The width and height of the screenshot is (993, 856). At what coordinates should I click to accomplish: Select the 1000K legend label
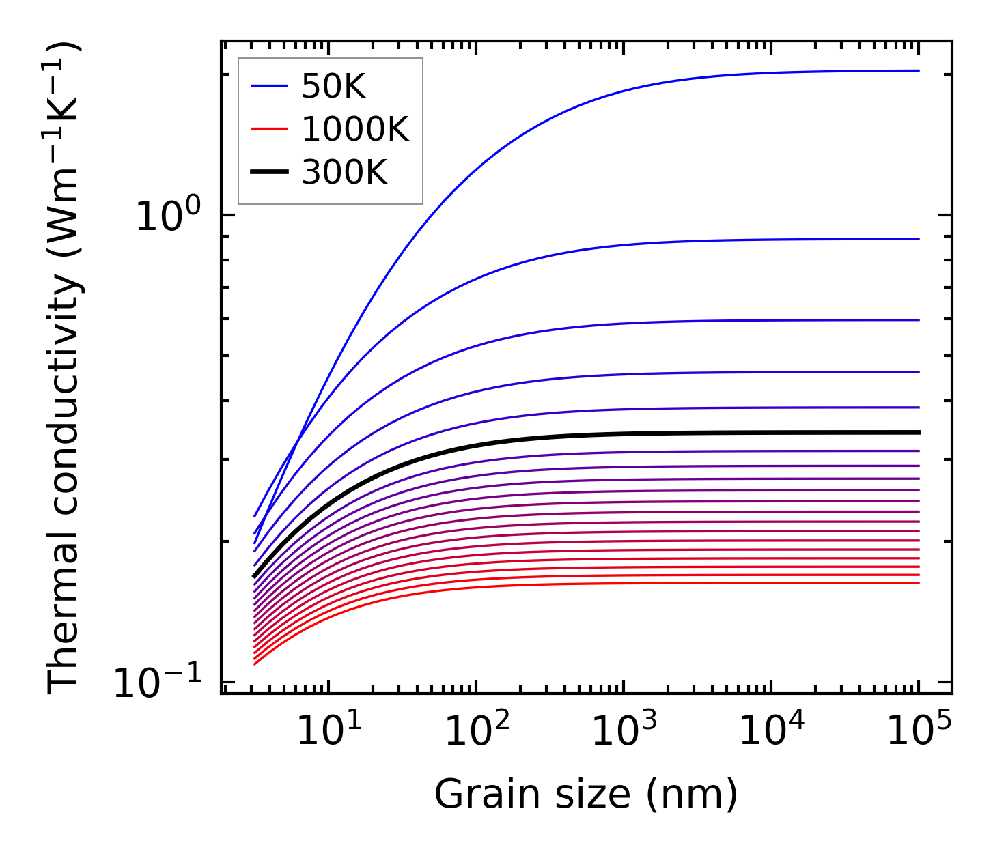click(x=355, y=130)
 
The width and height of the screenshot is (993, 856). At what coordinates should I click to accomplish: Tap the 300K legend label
click(x=344, y=173)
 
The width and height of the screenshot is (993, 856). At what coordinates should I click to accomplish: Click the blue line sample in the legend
click(x=270, y=86)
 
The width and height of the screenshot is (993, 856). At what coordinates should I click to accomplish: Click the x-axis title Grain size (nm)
click(x=586, y=795)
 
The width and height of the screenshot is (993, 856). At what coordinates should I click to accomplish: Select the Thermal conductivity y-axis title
click(x=64, y=369)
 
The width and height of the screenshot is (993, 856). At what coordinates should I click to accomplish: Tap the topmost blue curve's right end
click(x=918, y=70)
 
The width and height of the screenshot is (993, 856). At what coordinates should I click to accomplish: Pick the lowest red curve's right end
click(x=918, y=582)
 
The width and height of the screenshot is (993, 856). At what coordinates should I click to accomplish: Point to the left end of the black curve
click(x=255, y=576)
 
